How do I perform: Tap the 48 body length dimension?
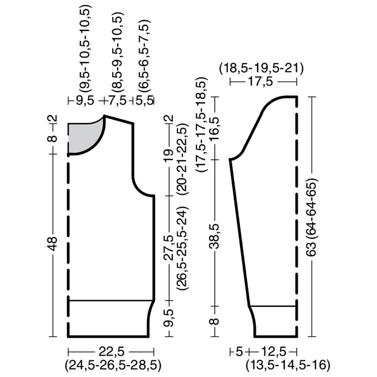click(x=53, y=243)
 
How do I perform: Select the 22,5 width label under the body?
click(x=111, y=352)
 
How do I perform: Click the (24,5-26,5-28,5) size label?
click(x=113, y=366)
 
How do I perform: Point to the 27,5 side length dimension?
click(x=169, y=248)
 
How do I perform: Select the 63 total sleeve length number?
click(x=312, y=249)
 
